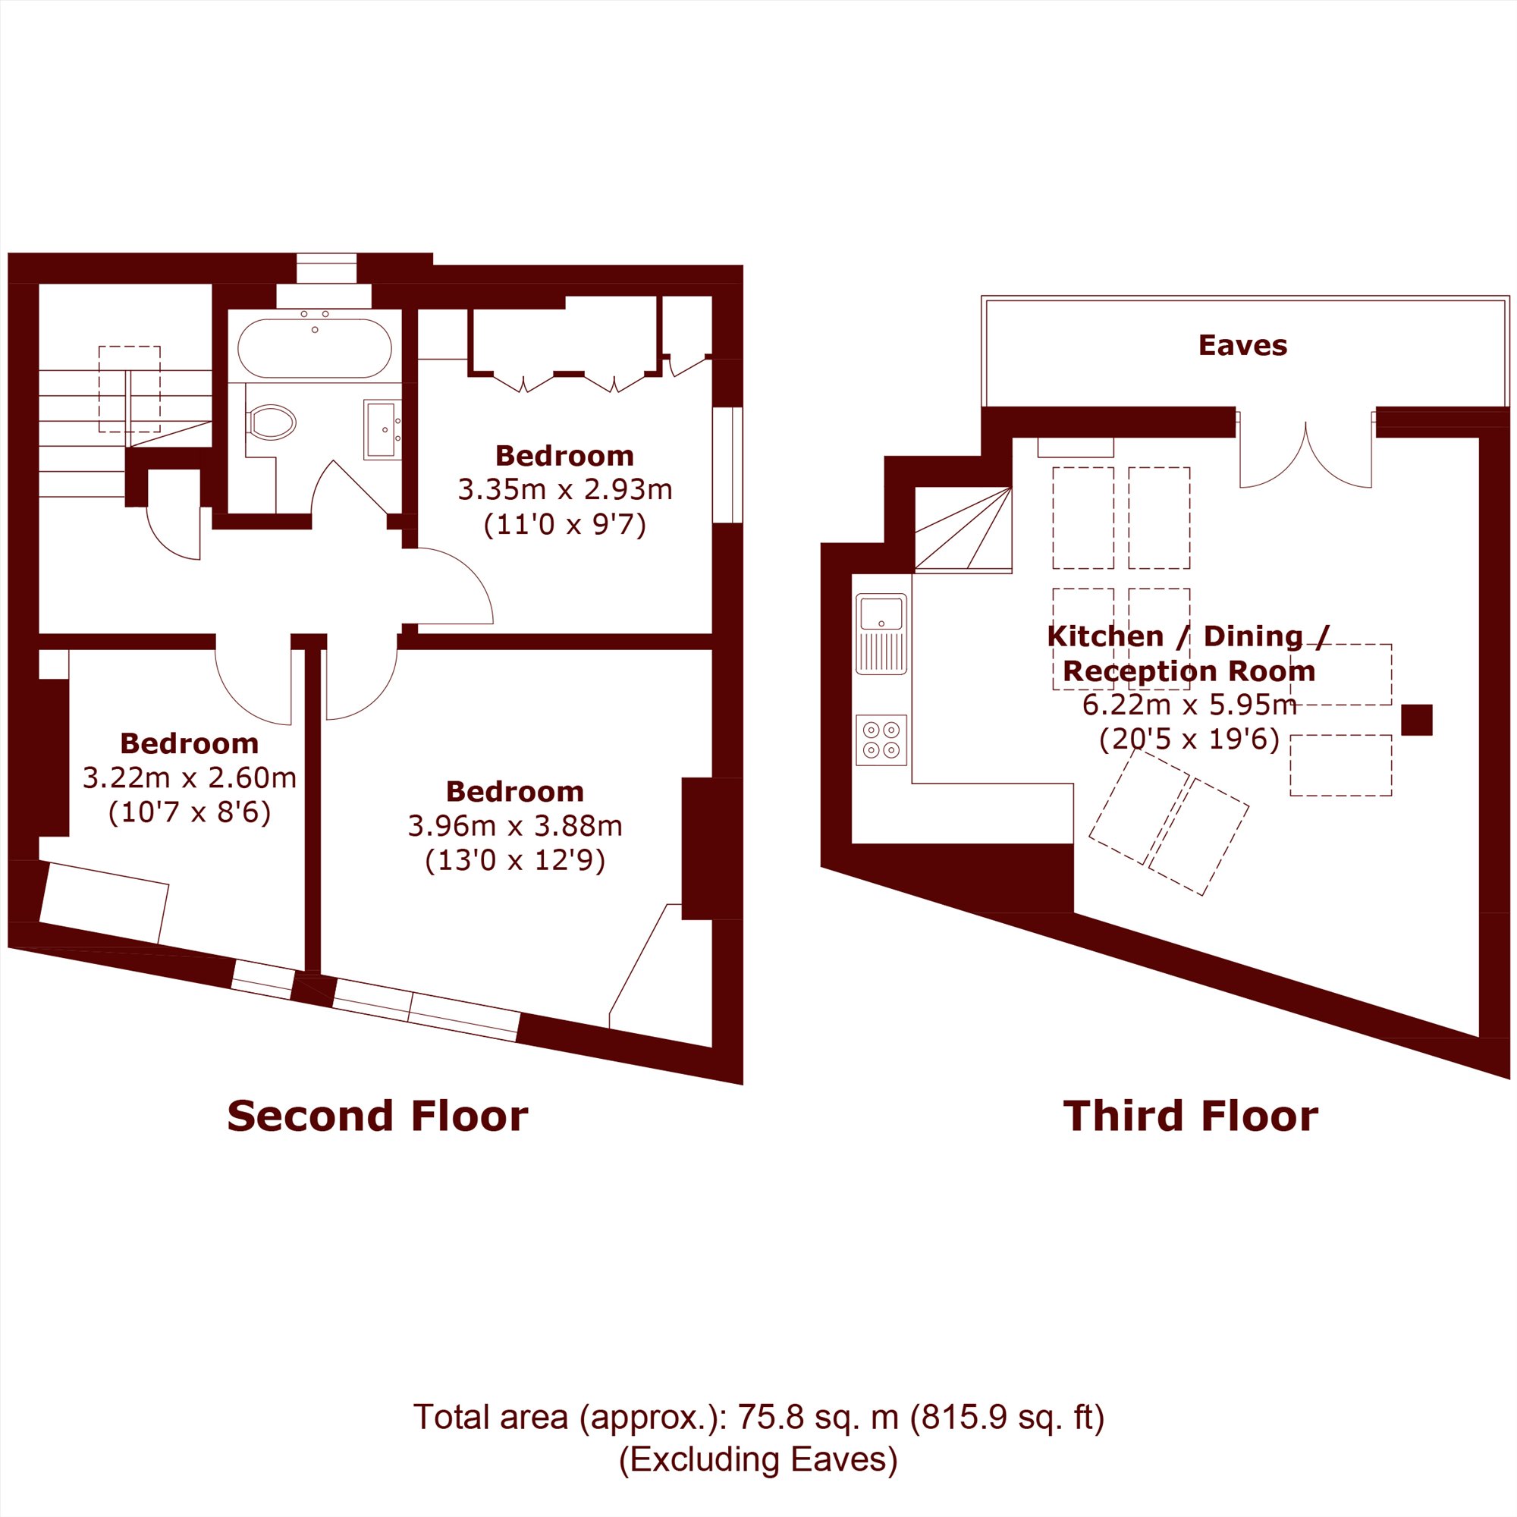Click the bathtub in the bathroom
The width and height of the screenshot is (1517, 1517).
point(314,349)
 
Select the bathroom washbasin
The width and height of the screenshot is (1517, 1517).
point(382,429)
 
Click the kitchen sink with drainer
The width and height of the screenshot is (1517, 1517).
point(881,633)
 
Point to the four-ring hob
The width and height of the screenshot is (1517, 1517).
point(881,740)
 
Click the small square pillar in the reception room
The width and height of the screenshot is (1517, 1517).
point(1416,720)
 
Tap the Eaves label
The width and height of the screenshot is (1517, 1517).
point(1242,345)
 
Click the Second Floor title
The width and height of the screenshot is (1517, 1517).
point(377,1116)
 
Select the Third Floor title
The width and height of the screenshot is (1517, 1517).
point(1190,1116)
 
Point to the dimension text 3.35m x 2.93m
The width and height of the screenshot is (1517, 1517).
point(564,489)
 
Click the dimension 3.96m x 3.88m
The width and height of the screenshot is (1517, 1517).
point(514,825)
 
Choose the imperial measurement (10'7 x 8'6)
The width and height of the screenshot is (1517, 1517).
point(189,812)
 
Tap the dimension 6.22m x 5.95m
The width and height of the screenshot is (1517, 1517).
point(1189,705)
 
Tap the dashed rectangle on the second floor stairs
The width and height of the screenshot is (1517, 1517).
point(130,389)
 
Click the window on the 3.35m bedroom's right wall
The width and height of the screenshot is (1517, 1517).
point(727,465)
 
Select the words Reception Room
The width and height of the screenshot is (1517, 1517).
point(1189,671)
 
